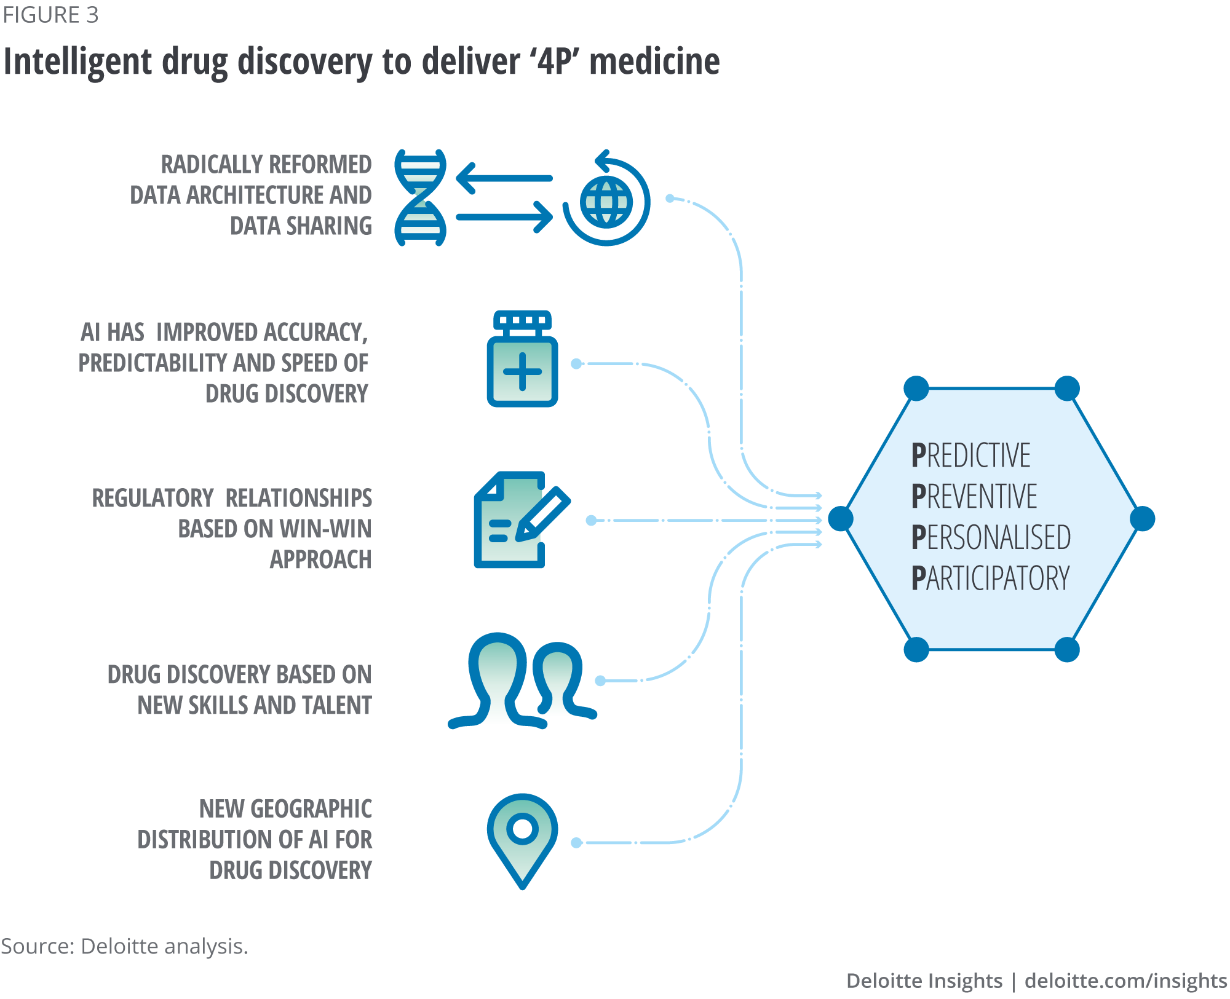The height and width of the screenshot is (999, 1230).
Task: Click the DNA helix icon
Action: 421,197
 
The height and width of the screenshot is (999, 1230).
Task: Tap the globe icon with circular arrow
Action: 606,200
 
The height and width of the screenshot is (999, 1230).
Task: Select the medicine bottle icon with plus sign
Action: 522,360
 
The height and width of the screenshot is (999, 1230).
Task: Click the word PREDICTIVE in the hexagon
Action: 970,456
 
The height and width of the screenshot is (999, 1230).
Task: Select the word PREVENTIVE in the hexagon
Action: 974,497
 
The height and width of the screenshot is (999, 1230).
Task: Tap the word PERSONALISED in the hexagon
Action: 991,537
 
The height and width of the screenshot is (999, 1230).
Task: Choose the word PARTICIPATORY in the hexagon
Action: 990,578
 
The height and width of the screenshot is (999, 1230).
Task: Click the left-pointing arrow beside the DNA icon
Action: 504,178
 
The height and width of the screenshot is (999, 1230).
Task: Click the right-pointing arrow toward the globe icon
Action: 504,217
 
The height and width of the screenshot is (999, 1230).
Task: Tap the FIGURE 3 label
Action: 50,15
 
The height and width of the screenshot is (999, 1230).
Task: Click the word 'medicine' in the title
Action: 654,61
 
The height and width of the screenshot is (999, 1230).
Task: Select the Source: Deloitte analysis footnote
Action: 124,946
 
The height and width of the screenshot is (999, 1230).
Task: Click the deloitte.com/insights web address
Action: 1126,981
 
